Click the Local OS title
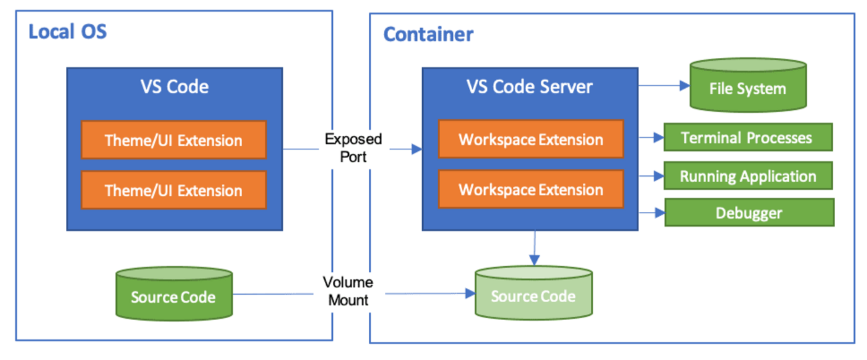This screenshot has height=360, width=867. [x=67, y=31]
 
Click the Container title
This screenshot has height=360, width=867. [x=428, y=35]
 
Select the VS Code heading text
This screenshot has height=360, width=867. [x=174, y=86]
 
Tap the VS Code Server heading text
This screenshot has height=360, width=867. [x=530, y=86]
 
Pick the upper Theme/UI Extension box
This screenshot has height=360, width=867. [x=173, y=140]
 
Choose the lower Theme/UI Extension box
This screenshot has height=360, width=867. [x=173, y=190]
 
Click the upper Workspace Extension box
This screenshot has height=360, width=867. [x=531, y=139]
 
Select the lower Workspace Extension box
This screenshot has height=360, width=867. [x=531, y=189]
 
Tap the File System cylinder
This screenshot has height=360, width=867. [x=748, y=87]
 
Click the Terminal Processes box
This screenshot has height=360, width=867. [x=747, y=137]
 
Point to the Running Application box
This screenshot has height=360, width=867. [x=748, y=177]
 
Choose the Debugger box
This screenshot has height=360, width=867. [x=749, y=213]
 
